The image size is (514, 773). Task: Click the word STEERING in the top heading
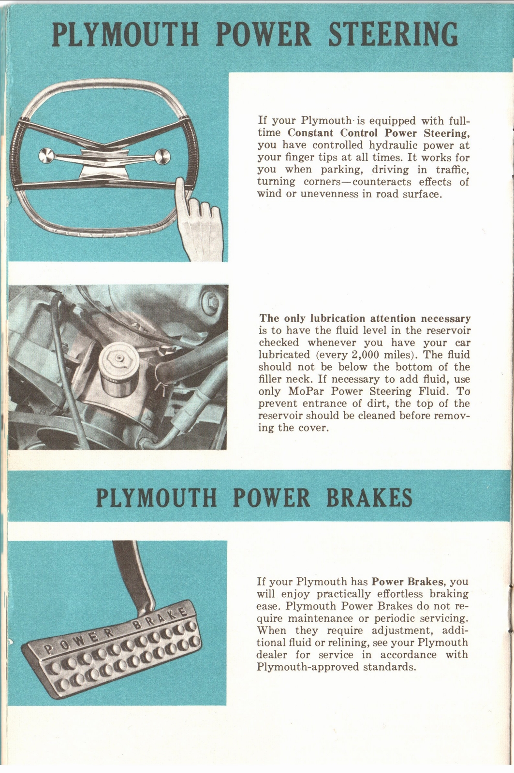point(393,35)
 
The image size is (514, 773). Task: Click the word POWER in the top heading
point(264,35)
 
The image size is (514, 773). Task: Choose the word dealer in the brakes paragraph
point(273,655)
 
